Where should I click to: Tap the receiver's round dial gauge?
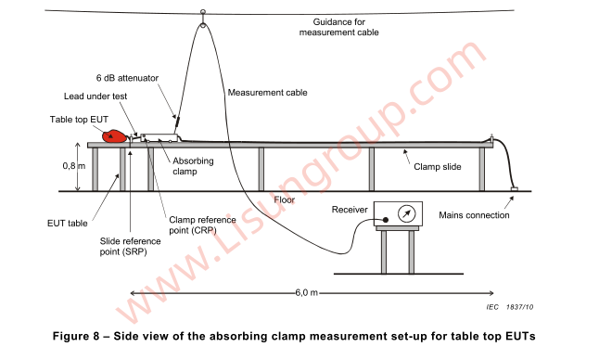coord(404,214)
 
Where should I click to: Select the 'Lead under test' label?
coord(96,96)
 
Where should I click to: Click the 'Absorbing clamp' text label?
coord(193,166)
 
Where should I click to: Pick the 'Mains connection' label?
coord(475,215)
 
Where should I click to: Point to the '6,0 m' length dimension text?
coord(307,292)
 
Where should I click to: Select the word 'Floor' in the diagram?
coord(285,199)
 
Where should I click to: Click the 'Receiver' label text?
coord(351,211)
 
